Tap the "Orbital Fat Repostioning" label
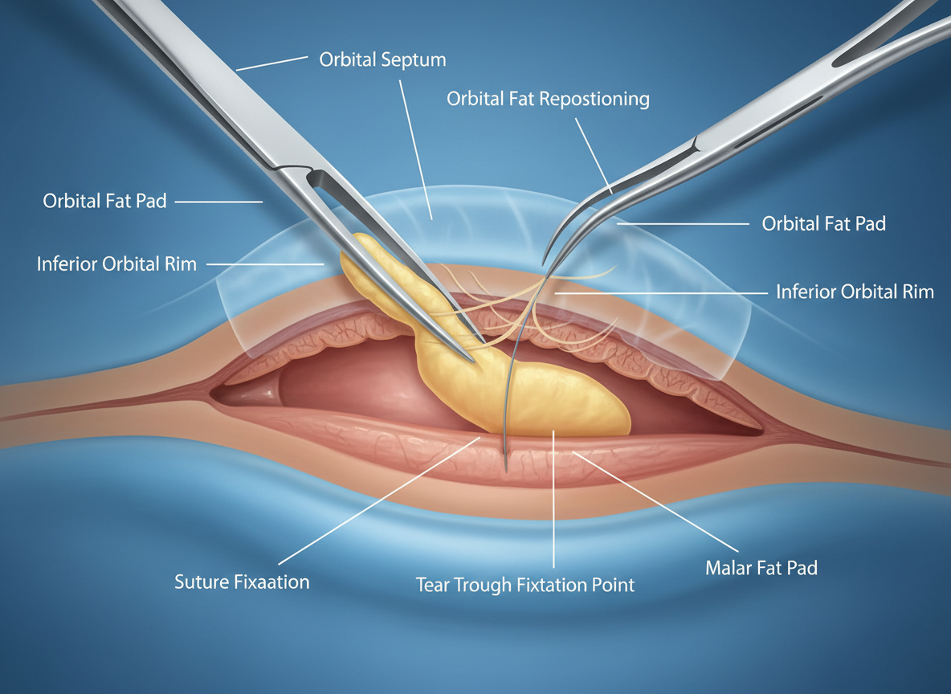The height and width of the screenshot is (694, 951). point(548,100)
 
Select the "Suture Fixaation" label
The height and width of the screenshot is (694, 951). point(242,582)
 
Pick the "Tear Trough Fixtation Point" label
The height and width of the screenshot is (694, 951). point(525,585)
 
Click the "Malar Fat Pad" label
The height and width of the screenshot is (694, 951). point(761,568)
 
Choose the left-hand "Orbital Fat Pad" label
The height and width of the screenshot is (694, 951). point(104,201)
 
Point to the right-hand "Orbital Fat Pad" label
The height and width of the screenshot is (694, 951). point(823,223)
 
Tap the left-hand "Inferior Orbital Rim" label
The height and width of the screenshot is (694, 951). point(116,263)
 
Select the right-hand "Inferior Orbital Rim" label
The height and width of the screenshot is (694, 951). point(855,291)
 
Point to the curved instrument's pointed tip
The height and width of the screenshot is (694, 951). point(545,263)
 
